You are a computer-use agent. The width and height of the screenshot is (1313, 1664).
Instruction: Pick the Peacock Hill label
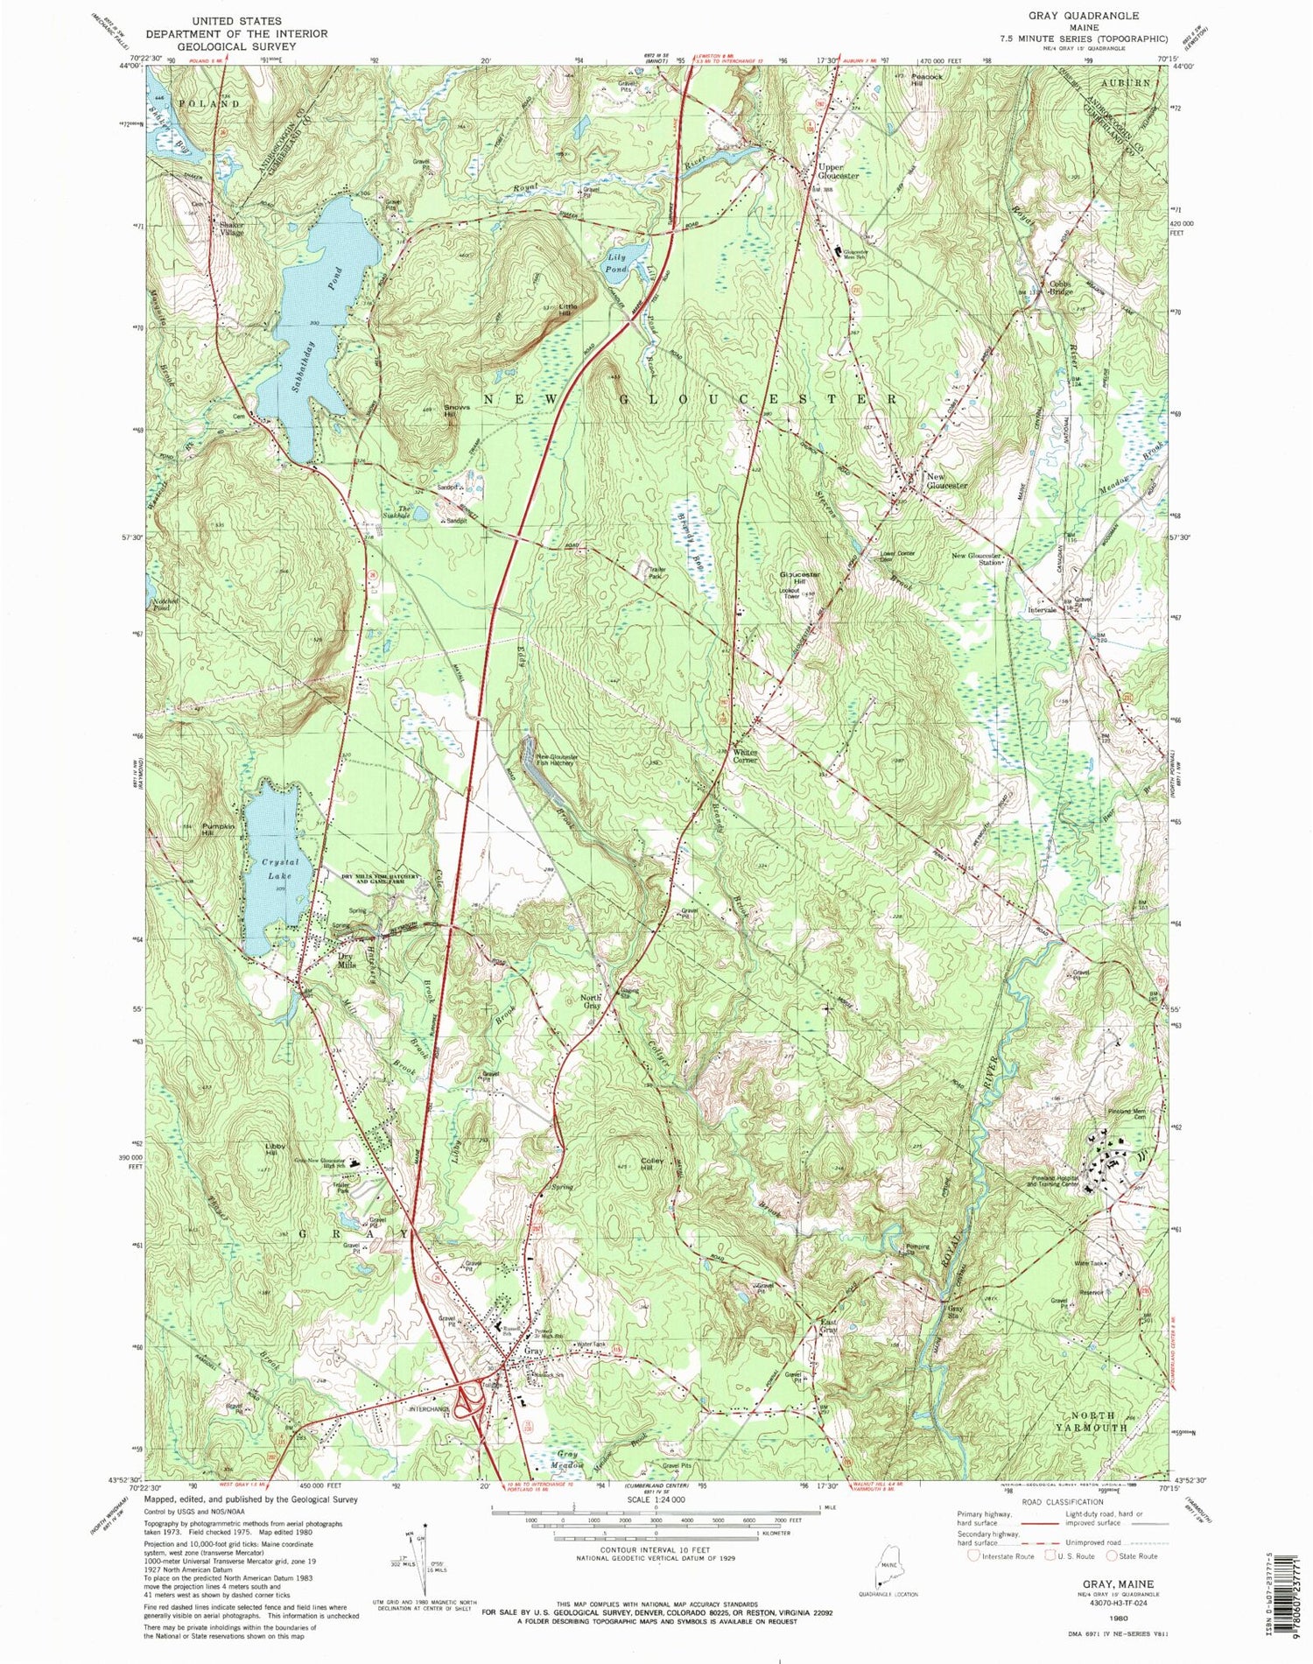coord(925,76)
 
